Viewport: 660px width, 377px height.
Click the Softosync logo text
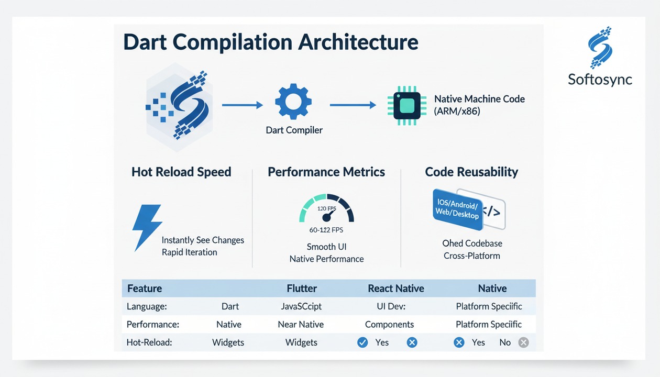coord(600,80)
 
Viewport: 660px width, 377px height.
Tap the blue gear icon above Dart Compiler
coord(293,102)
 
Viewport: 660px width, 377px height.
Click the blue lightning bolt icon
coord(146,227)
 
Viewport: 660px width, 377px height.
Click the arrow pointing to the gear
coord(242,105)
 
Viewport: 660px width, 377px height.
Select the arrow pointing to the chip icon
coord(353,105)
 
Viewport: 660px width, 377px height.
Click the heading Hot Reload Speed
coord(181,172)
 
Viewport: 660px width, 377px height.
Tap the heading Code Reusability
coord(471,172)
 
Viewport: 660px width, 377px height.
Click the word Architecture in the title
coord(358,42)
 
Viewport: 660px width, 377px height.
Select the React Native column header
coord(396,289)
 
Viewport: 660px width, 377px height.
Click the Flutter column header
coord(302,289)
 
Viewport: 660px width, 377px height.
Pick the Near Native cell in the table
coord(301,325)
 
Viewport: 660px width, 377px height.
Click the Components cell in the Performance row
coord(389,325)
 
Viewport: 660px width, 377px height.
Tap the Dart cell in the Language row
coord(230,307)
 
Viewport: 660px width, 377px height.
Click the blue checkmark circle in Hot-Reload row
coord(362,342)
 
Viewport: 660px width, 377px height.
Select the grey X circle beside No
coord(523,342)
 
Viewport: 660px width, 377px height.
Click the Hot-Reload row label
coord(149,342)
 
